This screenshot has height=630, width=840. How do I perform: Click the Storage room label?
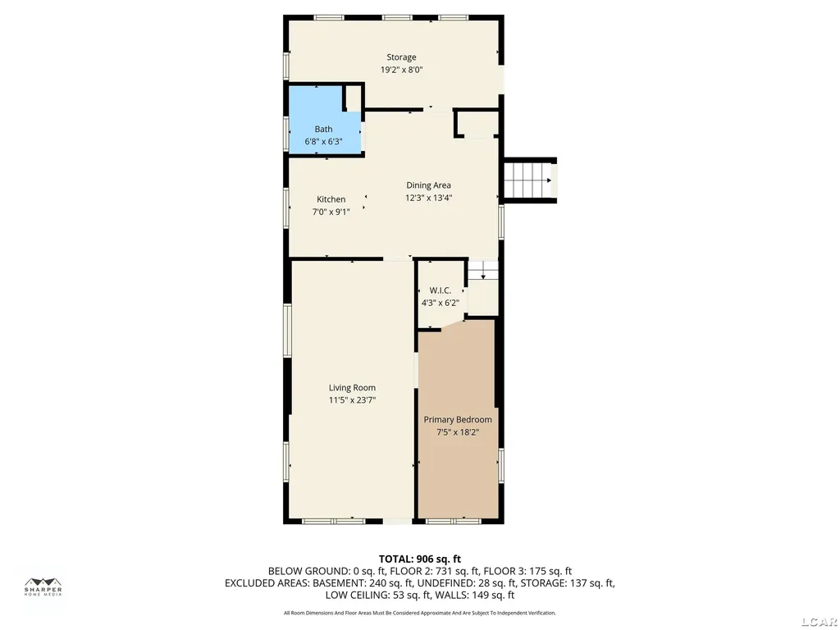coord(401,57)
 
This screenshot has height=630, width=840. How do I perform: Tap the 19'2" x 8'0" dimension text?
coord(402,70)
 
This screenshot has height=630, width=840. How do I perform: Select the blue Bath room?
coord(324,121)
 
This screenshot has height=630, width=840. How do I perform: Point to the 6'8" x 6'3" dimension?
coord(323,141)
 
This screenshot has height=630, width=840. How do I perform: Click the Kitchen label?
coord(331,199)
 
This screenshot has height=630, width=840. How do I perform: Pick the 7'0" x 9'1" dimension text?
coord(331,212)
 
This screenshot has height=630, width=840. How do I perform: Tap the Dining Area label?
coord(428,185)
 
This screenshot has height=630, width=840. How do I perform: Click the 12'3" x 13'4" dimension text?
coord(428,198)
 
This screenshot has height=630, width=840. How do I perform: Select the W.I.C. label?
coord(441,290)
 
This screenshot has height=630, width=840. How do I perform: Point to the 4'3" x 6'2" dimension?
coord(441,303)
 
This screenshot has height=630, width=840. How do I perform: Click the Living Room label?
coord(352,388)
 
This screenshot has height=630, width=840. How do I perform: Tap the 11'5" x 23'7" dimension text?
coord(352,400)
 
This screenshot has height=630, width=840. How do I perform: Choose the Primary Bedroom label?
coord(458,420)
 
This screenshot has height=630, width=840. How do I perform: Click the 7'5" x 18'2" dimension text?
coord(458,432)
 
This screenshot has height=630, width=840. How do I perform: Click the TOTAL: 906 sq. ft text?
coord(420,559)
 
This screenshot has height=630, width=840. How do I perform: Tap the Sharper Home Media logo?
coord(43,587)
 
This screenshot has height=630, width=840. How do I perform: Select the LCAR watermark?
coord(819,622)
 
